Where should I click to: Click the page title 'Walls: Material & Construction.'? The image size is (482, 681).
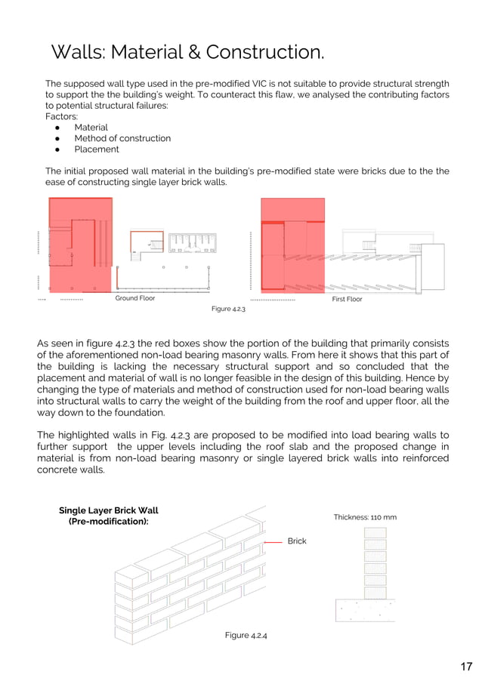187,52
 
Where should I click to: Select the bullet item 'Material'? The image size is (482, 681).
91,128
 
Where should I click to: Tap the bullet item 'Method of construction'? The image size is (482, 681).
122,138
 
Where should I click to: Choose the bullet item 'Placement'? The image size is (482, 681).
96,149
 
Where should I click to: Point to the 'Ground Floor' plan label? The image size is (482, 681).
134,298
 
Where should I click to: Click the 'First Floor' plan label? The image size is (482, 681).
347,299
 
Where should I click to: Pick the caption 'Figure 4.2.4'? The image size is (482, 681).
246,635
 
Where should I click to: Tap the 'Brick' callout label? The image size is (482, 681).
297,541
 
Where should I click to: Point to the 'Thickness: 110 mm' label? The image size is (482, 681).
365,517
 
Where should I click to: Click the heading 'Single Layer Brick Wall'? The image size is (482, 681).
108,510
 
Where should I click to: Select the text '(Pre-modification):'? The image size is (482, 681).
109,522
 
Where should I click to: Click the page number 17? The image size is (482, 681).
466,666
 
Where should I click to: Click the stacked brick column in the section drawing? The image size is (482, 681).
375,562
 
